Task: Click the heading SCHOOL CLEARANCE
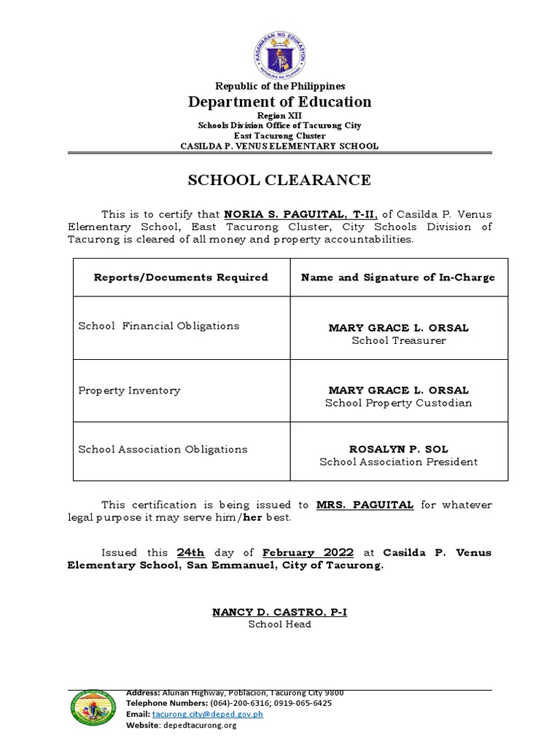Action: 279,180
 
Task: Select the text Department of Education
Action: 279,102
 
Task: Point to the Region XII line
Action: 279,116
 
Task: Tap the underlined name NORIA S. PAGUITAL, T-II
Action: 300,214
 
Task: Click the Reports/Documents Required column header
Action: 181,277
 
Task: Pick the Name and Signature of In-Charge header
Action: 398,277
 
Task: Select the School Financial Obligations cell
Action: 159,326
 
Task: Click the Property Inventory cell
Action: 129,390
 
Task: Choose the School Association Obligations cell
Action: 163,449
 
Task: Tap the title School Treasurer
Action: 398,340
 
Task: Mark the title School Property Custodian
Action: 398,403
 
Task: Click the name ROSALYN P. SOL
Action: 398,449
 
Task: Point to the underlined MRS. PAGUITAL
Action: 365,504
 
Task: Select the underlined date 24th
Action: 191,552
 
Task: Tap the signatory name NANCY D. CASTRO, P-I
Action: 279,612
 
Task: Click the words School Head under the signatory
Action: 279,624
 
